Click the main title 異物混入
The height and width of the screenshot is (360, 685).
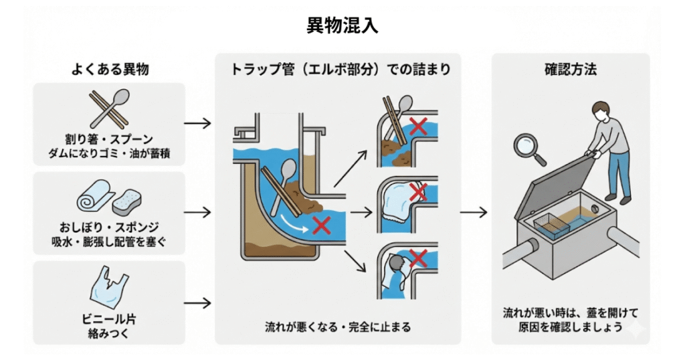pyautogui.click(x=342, y=25)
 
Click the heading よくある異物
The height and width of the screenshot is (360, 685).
pyautogui.click(x=109, y=69)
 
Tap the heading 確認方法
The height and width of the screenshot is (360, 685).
pyautogui.click(x=570, y=69)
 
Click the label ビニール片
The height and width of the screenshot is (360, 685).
pyautogui.click(x=108, y=317)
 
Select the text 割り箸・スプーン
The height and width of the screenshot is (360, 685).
pyautogui.click(x=109, y=139)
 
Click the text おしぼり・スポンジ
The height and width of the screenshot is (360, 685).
pyautogui.click(x=109, y=228)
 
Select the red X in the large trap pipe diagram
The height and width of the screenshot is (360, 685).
pyautogui.click(x=321, y=224)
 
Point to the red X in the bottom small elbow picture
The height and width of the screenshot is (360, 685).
pyautogui.click(x=419, y=258)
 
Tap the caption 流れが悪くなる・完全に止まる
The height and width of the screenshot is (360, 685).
pyautogui.click(x=338, y=327)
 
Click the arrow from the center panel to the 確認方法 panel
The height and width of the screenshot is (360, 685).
pyautogui.click(x=474, y=212)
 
